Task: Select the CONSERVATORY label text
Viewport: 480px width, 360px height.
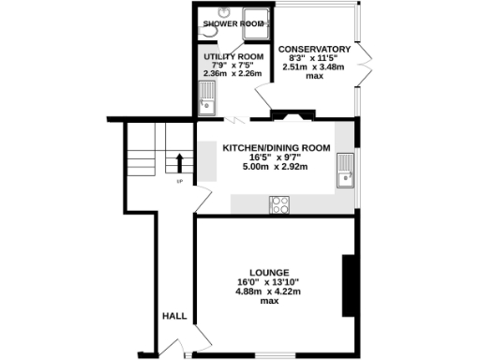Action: [x=314, y=50]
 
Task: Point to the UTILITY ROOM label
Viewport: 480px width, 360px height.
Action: [x=230, y=56]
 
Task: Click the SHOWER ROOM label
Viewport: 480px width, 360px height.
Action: [x=232, y=24]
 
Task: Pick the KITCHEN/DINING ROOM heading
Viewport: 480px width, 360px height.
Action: [x=276, y=148]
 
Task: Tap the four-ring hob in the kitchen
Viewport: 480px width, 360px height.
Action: [x=279, y=204]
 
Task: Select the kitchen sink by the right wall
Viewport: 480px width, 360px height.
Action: [x=346, y=172]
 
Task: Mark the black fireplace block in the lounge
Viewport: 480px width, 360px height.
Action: [x=348, y=286]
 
